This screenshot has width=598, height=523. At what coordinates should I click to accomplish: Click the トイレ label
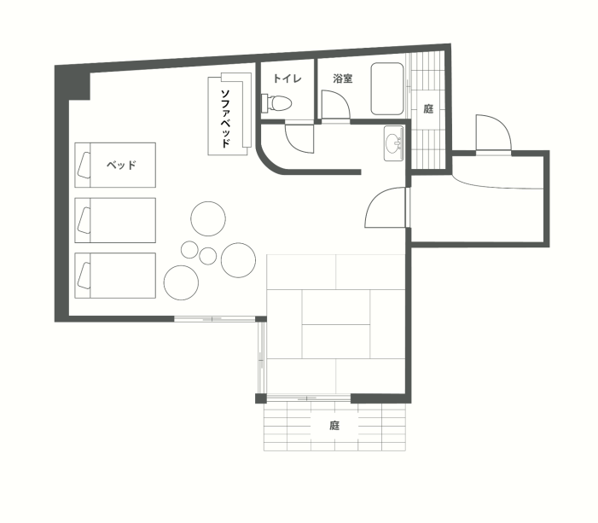pos(287,79)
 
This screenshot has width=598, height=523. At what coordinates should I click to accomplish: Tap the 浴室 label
pos(342,79)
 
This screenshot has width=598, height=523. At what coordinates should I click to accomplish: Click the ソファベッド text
pos(226,119)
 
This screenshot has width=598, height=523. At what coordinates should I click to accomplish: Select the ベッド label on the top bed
pos(121,165)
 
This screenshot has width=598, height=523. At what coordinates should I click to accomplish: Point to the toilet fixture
pos(276,103)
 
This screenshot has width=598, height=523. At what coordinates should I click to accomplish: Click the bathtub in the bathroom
pos(387,89)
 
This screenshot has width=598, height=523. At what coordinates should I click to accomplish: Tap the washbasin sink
pos(393,143)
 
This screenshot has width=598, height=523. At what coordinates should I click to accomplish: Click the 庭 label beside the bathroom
pos(428,109)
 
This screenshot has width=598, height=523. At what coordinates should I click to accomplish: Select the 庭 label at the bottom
pos(334,426)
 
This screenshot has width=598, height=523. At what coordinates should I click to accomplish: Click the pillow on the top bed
pos(84,166)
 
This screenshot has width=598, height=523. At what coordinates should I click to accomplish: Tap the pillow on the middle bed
pos(84,220)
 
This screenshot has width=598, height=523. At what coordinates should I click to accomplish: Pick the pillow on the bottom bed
pos(84,276)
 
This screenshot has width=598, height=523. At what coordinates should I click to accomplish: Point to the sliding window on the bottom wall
pos(215,319)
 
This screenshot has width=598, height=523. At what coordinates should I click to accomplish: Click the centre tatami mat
pos(335,324)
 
